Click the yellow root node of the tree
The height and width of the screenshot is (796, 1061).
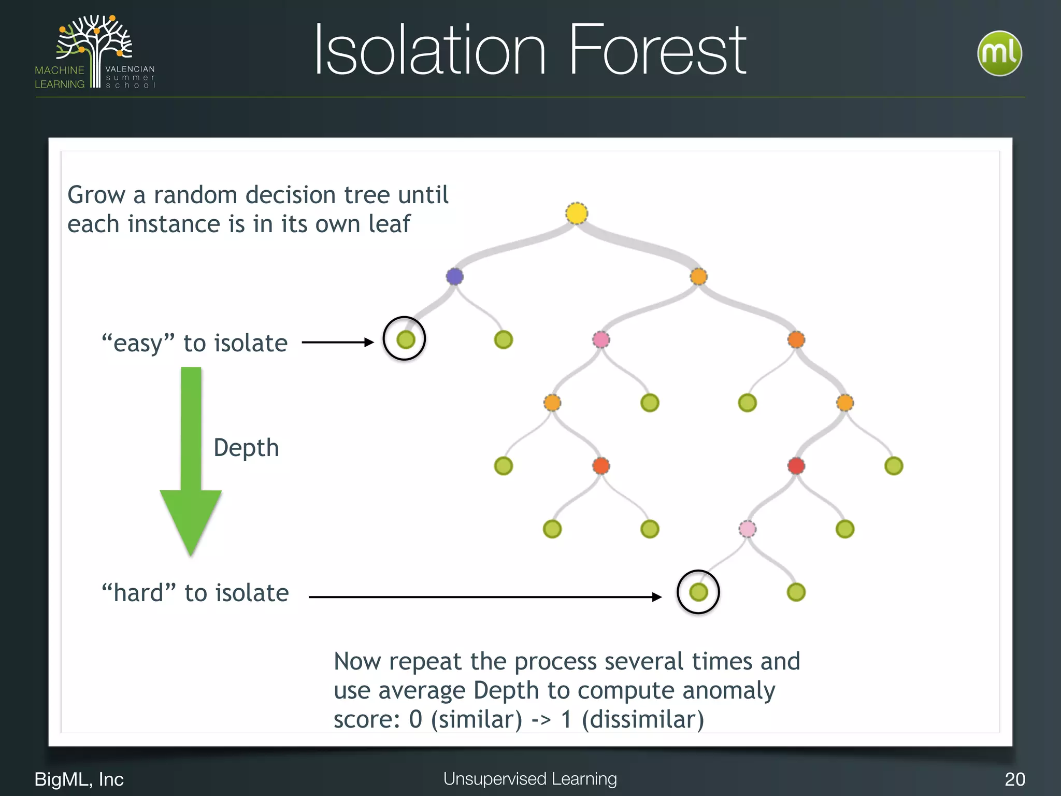(577, 214)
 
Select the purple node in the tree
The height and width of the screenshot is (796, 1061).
(455, 276)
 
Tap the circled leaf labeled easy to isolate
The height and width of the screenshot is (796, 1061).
(406, 339)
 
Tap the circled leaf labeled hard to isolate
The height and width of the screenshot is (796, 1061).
(698, 592)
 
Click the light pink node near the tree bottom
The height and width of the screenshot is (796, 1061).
(747, 529)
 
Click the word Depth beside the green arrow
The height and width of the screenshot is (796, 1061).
(246, 448)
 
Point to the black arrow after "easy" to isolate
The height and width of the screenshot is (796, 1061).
(337, 342)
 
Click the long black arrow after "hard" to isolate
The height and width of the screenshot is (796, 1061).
(484, 597)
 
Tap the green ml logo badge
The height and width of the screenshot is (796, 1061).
(999, 53)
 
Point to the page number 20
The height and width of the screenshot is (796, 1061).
(1014, 779)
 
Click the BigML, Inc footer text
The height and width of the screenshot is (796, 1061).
(79, 779)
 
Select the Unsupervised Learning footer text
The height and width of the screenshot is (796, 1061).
(530, 779)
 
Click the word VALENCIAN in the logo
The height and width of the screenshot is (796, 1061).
(130, 69)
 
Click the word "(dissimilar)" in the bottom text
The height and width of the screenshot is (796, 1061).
(643, 719)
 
